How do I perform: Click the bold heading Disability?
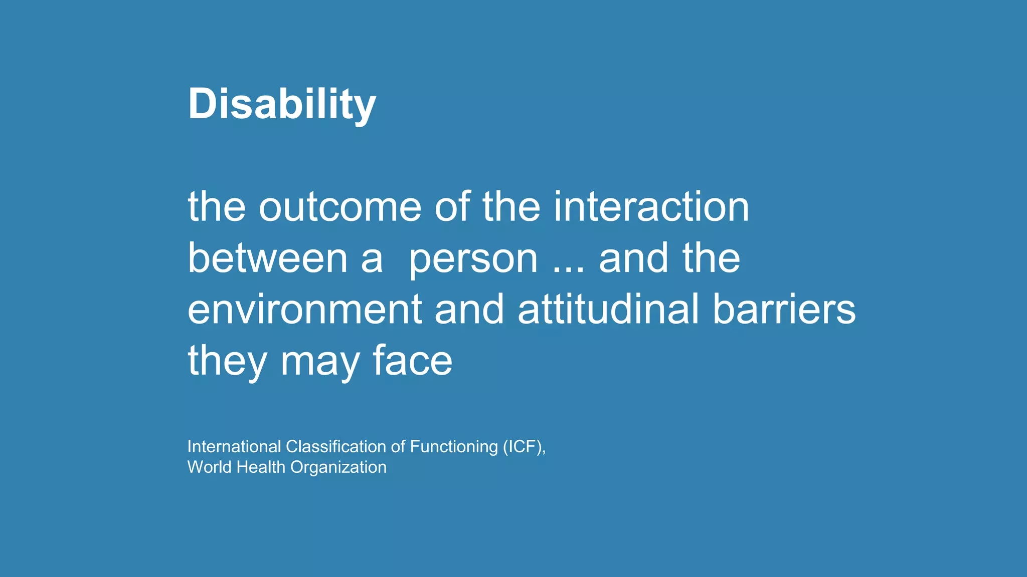pyautogui.click(x=281, y=104)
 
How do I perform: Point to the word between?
pyautogui.click(x=267, y=258)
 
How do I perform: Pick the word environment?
pyautogui.click(x=304, y=310)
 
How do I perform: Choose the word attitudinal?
pyautogui.click(x=608, y=309)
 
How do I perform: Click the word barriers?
pyautogui.click(x=784, y=309)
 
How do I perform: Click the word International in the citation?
pyautogui.click(x=234, y=446)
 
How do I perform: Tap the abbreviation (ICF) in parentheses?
pyautogui.click(x=524, y=446)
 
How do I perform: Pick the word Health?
pyautogui.click(x=261, y=467)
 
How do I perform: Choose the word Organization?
pyautogui.click(x=338, y=468)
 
